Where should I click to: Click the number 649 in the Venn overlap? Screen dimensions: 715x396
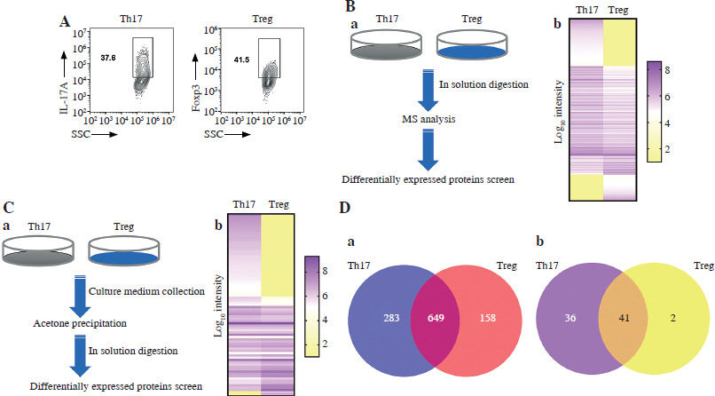[x=436, y=318]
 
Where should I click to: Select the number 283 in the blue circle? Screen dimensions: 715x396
[x=391, y=318]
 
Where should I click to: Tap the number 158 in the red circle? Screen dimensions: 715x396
[x=487, y=318]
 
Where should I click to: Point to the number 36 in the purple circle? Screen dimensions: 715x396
[x=570, y=318]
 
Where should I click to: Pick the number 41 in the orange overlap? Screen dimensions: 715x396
[x=624, y=318]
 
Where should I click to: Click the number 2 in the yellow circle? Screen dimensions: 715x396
[x=673, y=318]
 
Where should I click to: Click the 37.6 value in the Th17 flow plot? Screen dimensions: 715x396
[x=108, y=58]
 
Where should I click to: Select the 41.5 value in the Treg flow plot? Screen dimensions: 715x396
[x=241, y=59]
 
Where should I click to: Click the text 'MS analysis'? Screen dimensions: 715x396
[x=428, y=119]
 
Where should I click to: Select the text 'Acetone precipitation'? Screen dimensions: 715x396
[x=80, y=323]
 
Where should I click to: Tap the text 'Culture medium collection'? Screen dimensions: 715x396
[x=146, y=291]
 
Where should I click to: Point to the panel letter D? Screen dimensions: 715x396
[x=345, y=208]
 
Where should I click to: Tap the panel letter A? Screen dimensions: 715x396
[x=64, y=21]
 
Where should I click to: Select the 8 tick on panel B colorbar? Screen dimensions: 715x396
[x=667, y=70]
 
